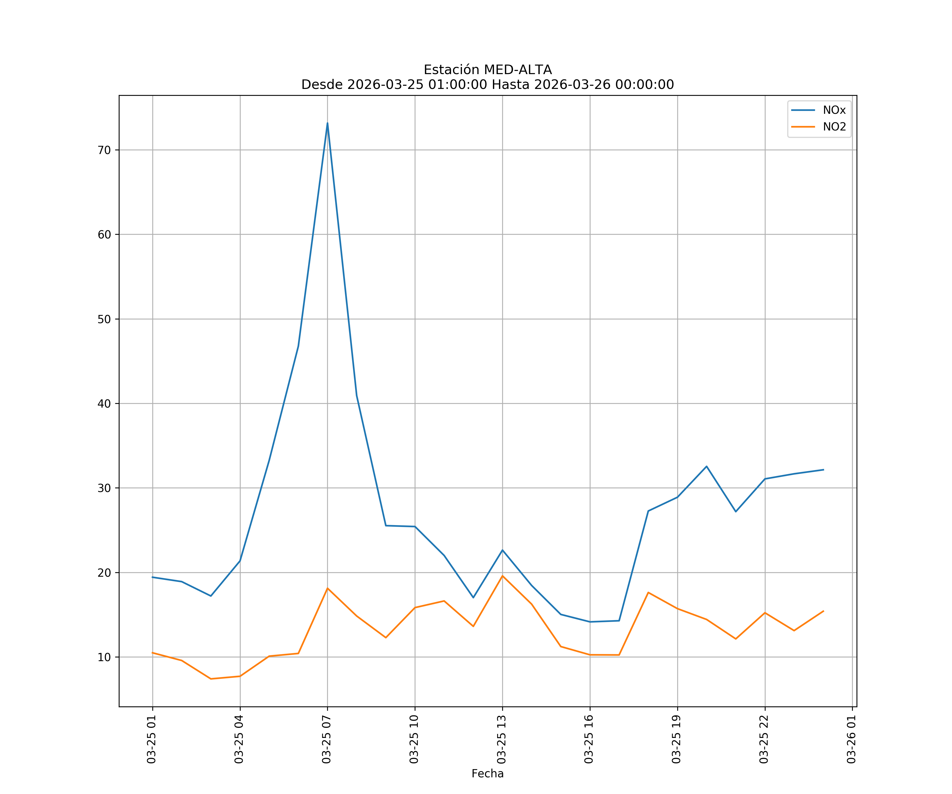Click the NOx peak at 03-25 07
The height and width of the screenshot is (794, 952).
pyautogui.click(x=327, y=123)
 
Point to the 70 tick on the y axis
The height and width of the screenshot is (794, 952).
pyautogui.click(x=104, y=150)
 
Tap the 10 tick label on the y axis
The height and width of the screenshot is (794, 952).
pyautogui.click(x=104, y=657)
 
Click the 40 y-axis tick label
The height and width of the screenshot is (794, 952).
pyautogui.click(x=104, y=403)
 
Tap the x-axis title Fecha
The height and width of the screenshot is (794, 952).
pyautogui.click(x=487, y=774)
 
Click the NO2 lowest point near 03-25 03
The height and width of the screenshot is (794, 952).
pyautogui.click(x=211, y=679)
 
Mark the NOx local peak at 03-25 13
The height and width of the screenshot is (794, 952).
pyautogui.click(x=502, y=550)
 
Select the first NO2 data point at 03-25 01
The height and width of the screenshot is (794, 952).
pyautogui.click(x=152, y=653)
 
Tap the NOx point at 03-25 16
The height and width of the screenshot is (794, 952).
pyautogui.click(x=590, y=622)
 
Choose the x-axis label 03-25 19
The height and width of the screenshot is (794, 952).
pyautogui.click(x=676, y=739)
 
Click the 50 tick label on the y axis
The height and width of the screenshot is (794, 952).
pyautogui.click(x=104, y=319)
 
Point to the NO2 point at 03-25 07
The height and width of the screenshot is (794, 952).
pyautogui.click(x=327, y=588)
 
